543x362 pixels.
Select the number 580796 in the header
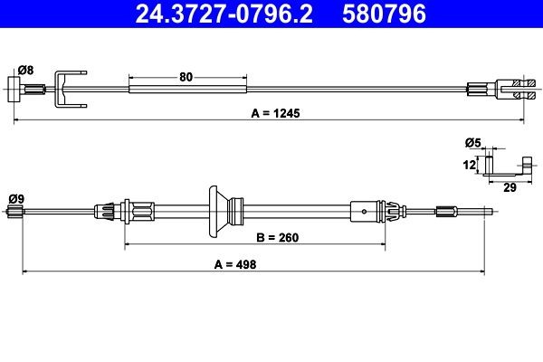click(x=382, y=14)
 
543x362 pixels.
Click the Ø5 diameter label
click(x=472, y=142)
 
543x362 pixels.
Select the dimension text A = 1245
click(x=275, y=114)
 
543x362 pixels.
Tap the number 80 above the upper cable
click(x=186, y=77)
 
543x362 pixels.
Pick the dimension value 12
click(x=468, y=166)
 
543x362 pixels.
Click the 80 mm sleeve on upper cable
click(x=187, y=88)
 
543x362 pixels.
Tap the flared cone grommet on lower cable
click(x=217, y=211)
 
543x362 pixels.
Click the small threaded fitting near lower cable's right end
click(x=447, y=213)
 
